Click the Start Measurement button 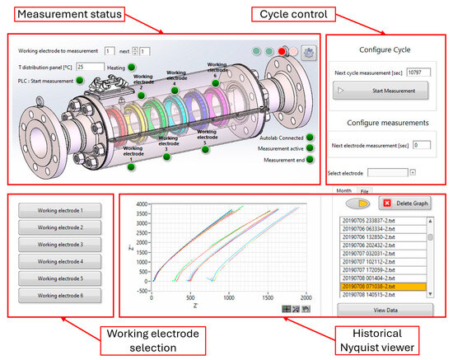pos(381,90)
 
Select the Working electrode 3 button pos(60,245)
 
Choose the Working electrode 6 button pos(60,295)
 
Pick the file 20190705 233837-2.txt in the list pos(384,222)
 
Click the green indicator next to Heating pos(133,67)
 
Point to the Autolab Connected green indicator pos(311,138)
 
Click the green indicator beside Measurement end pos(311,161)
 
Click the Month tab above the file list pos(344,190)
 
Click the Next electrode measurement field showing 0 pos(422,145)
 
